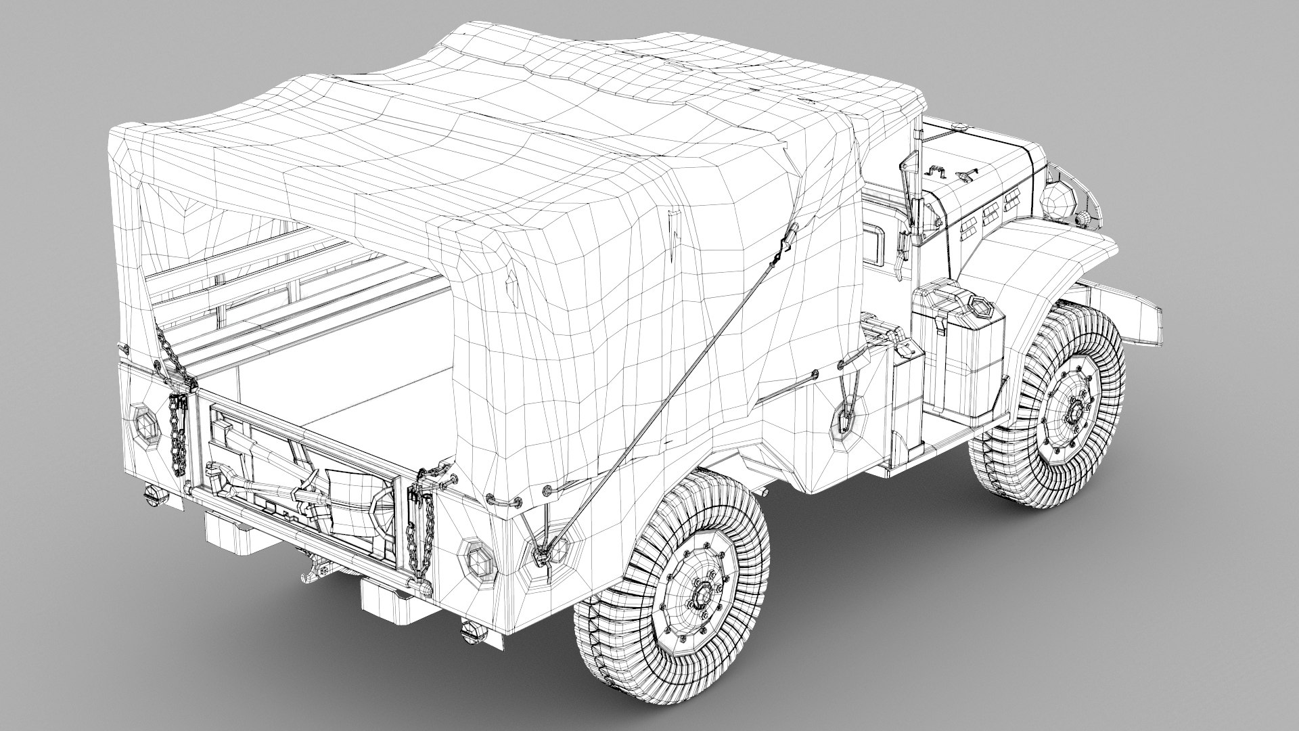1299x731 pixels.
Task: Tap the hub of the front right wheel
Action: point(1073,411)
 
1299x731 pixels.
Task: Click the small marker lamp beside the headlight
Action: point(1082,218)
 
